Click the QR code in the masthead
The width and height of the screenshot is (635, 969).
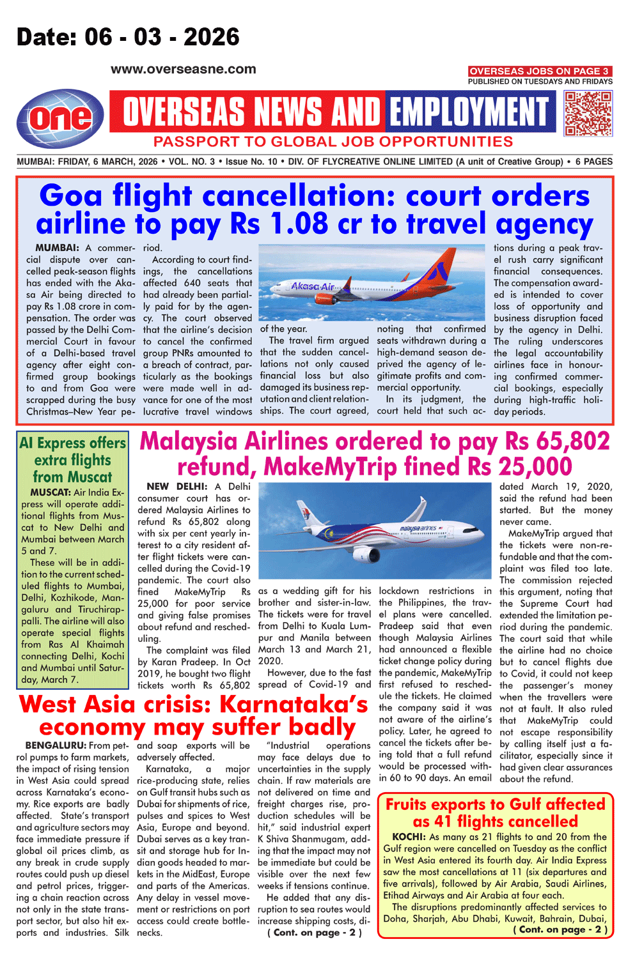pyautogui.click(x=588, y=113)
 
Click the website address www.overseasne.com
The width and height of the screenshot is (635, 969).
pyautogui.click(x=183, y=69)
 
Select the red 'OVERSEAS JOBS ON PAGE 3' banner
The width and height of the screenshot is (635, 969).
pyautogui.click(x=540, y=71)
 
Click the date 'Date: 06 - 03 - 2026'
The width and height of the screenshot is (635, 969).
pyautogui.click(x=128, y=37)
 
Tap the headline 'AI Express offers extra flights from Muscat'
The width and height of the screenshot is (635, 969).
pyautogui.click(x=72, y=460)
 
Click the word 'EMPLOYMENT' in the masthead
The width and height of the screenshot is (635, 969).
pyautogui.click(x=469, y=112)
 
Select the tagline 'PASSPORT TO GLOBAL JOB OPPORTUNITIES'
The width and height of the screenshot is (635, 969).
pyautogui.click(x=333, y=142)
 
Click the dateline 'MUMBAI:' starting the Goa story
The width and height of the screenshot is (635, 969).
pyautogui.click(x=57, y=248)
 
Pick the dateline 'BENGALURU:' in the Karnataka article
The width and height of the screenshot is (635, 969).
pyautogui.click(x=56, y=745)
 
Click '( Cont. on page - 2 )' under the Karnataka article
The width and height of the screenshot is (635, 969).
pyautogui.click(x=314, y=933)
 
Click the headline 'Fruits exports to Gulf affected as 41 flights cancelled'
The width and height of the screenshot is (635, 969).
pyautogui.click(x=495, y=813)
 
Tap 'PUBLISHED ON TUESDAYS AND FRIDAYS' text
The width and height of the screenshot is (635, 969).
pyautogui.click(x=540, y=82)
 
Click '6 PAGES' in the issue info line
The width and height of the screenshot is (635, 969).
pyautogui.click(x=593, y=162)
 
